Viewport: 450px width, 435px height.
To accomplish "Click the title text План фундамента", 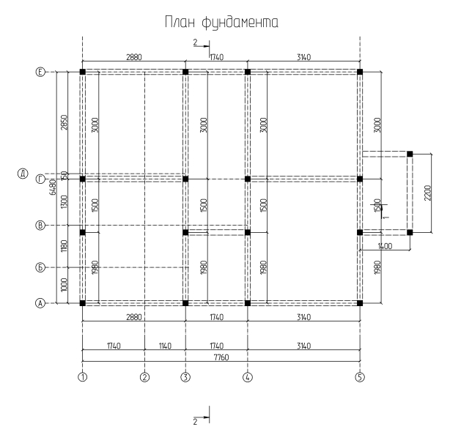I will click(x=224, y=24).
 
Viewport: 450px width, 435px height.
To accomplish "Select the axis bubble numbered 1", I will click(x=83, y=377).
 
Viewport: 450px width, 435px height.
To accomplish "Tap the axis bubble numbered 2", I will click(x=145, y=377).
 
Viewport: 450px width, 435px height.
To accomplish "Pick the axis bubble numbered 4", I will click(x=248, y=377).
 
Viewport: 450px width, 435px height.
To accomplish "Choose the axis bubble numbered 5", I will click(x=360, y=377).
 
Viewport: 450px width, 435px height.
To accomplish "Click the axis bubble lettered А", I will click(x=41, y=302).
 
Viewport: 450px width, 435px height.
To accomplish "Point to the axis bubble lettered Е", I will click(x=41, y=72).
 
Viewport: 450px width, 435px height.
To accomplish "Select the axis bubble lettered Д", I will click(x=23, y=174).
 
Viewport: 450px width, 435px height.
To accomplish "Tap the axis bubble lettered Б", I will click(x=41, y=267).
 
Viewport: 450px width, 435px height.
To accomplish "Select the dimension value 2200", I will click(x=427, y=193).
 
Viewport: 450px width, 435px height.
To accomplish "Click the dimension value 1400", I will click(x=385, y=247).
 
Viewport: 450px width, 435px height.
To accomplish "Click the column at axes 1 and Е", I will click(x=83, y=72).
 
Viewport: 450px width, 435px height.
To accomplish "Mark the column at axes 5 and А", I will click(x=360, y=302).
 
